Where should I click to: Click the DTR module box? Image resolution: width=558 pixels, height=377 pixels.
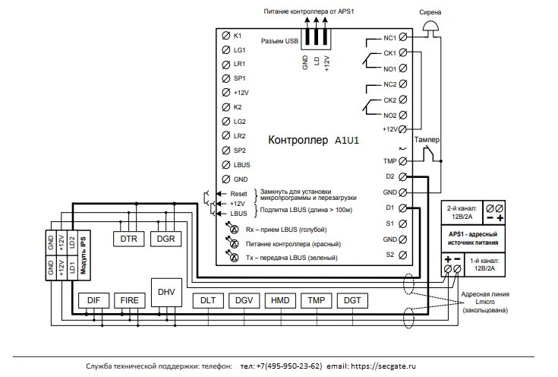click(128, 238)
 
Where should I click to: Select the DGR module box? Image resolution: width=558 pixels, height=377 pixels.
click(165, 238)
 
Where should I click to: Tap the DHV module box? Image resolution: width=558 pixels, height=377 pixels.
click(166, 292)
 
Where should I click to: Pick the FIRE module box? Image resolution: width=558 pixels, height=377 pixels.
click(129, 300)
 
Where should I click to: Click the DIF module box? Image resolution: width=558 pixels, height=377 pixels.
click(93, 300)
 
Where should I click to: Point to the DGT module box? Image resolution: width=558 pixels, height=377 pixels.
click(352, 300)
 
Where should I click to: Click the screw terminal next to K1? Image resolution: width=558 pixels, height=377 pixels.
click(225, 36)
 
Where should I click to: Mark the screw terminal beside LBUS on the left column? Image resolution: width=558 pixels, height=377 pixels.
click(225, 164)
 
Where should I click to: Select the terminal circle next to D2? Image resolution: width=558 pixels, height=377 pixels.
click(402, 176)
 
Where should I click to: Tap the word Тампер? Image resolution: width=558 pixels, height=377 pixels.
click(430, 141)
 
